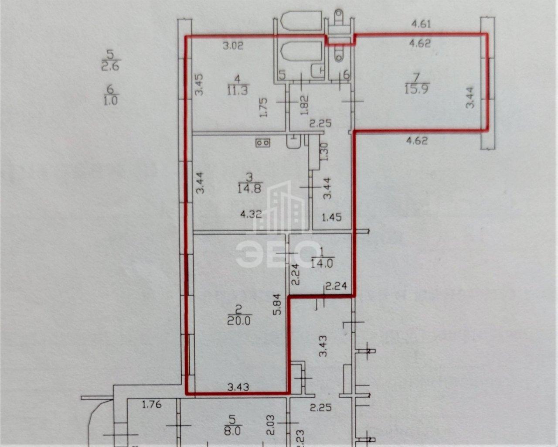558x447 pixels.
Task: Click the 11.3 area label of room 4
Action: click(x=238, y=91)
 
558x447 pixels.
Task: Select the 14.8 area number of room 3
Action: click(x=250, y=188)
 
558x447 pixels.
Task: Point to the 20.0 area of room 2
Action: click(x=239, y=321)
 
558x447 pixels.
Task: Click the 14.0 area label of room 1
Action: click(x=322, y=264)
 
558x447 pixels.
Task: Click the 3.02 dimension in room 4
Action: click(x=233, y=46)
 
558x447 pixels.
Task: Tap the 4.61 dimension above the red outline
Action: click(x=421, y=24)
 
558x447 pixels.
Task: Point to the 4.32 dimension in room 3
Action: click(x=251, y=215)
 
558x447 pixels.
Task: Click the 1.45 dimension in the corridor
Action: click(x=332, y=217)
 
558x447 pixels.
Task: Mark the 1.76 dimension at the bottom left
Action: click(x=152, y=404)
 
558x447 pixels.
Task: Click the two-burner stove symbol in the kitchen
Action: click(x=263, y=143)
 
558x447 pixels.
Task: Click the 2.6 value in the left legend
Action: click(x=110, y=66)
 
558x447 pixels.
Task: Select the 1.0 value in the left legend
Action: click(x=111, y=101)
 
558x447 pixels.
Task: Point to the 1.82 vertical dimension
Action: click(x=305, y=105)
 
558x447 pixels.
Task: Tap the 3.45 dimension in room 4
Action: click(x=199, y=85)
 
